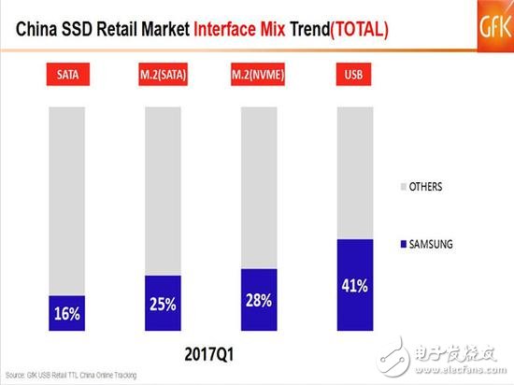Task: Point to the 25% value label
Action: [x=163, y=305]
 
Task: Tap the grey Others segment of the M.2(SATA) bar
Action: [x=163, y=192]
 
